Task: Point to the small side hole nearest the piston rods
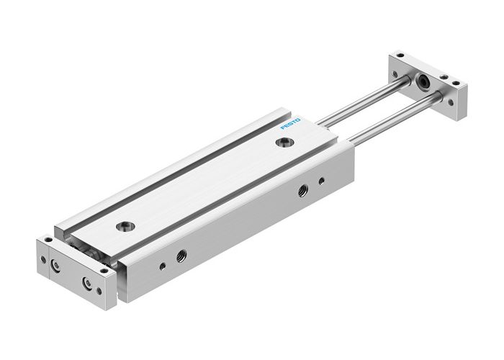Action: click(321, 180)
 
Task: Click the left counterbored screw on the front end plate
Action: click(55, 266)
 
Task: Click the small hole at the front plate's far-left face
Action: click(43, 260)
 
